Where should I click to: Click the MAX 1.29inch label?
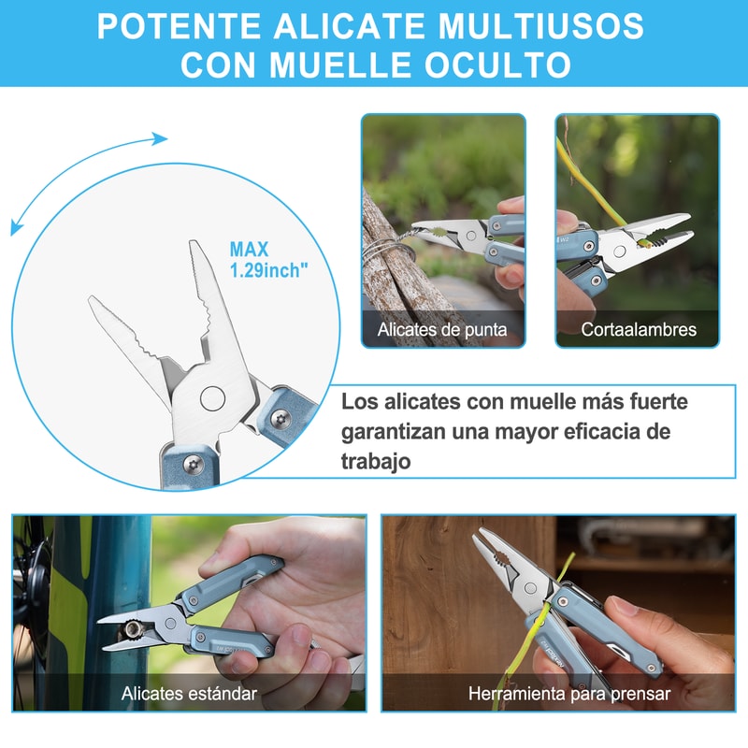tap(268, 259)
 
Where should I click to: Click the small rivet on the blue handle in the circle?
tap(191, 462)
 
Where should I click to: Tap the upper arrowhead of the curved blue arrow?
tap(160, 139)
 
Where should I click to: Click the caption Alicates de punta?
tap(442, 329)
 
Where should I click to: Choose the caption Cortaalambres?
tap(638, 329)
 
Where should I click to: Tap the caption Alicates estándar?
tap(189, 694)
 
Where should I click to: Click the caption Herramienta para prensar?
tap(557, 694)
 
